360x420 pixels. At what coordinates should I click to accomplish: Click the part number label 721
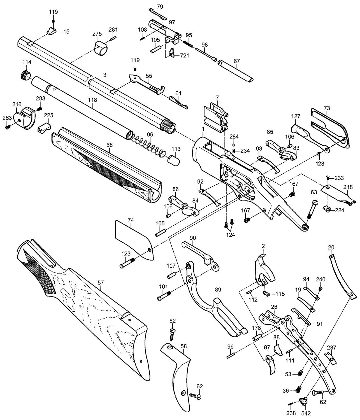pyautogui.click(x=184, y=55)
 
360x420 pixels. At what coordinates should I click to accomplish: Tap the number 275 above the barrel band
pyautogui.click(x=97, y=34)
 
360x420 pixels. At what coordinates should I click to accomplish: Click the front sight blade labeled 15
pyautogui.click(x=52, y=31)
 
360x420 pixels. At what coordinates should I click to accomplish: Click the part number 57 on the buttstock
pyautogui.click(x=101, y=283)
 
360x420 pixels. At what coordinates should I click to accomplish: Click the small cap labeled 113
pyautogui.click(x=174, y=161)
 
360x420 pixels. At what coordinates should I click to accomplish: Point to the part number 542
pyautogui.click(x=306, y=413)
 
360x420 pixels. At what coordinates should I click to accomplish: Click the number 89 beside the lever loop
pyautogui.click(x=218, y=290)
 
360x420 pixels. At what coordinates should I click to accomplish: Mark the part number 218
pyautogui.click(x=348, y=187)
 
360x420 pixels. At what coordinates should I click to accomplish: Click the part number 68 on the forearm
pyautogui.click(x=110, y=145)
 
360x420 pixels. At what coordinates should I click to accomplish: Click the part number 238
pyautogui.click(x=291, y=413)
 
